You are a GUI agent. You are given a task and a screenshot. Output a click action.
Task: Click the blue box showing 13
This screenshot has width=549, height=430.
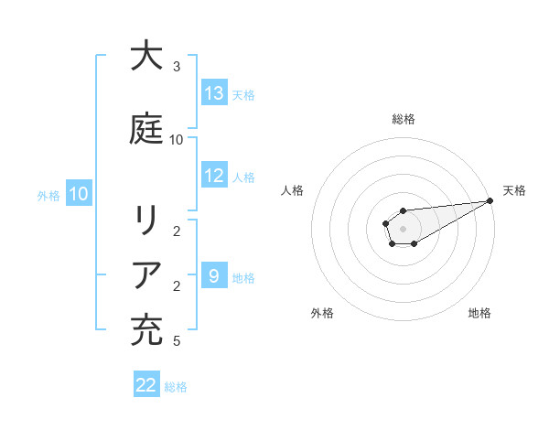(x=214, y=93)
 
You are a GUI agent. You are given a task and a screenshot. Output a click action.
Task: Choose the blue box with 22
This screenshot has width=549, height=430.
(x=146, y=385)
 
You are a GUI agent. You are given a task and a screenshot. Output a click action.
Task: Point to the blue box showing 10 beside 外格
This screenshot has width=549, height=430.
(x=79, y=194)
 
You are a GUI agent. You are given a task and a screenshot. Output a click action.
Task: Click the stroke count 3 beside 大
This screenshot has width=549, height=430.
(x=177, y=67)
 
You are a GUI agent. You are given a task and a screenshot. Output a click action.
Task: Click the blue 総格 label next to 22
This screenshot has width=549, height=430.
(x=176, y=387)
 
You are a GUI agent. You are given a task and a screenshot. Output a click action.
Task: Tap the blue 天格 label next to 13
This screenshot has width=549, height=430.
(x=242, y=95)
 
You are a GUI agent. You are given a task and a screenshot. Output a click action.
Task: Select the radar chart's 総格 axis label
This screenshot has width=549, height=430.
(x=403, y=119)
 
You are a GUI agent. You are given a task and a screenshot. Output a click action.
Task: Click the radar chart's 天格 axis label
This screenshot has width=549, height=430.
(x=514, y=190)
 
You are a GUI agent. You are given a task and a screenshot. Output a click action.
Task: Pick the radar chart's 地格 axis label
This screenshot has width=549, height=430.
(x=479, y=313)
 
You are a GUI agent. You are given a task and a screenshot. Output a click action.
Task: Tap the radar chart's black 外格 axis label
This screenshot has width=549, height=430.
(x=322, y=313)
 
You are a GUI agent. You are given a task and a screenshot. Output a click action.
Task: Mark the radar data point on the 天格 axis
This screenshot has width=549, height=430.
(x=491, y=200)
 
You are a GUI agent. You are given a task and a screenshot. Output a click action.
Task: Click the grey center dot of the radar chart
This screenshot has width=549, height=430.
(x=403, y=226)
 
